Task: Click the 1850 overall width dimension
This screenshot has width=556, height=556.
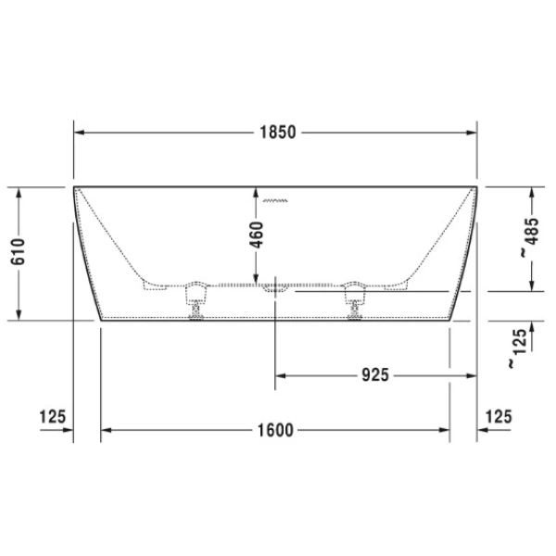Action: pos(275,133)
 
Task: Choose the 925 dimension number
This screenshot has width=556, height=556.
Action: pos(373,375)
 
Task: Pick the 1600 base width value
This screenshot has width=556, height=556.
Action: pos(275,430)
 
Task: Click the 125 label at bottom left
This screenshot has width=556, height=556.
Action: pos(53,417)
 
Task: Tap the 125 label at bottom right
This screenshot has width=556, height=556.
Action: pos(498,417)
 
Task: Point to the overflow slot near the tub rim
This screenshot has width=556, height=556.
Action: pos(276,198)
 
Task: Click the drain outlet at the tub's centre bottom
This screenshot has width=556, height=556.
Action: pos(275,290)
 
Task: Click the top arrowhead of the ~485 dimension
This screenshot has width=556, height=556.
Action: pos(532,192)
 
